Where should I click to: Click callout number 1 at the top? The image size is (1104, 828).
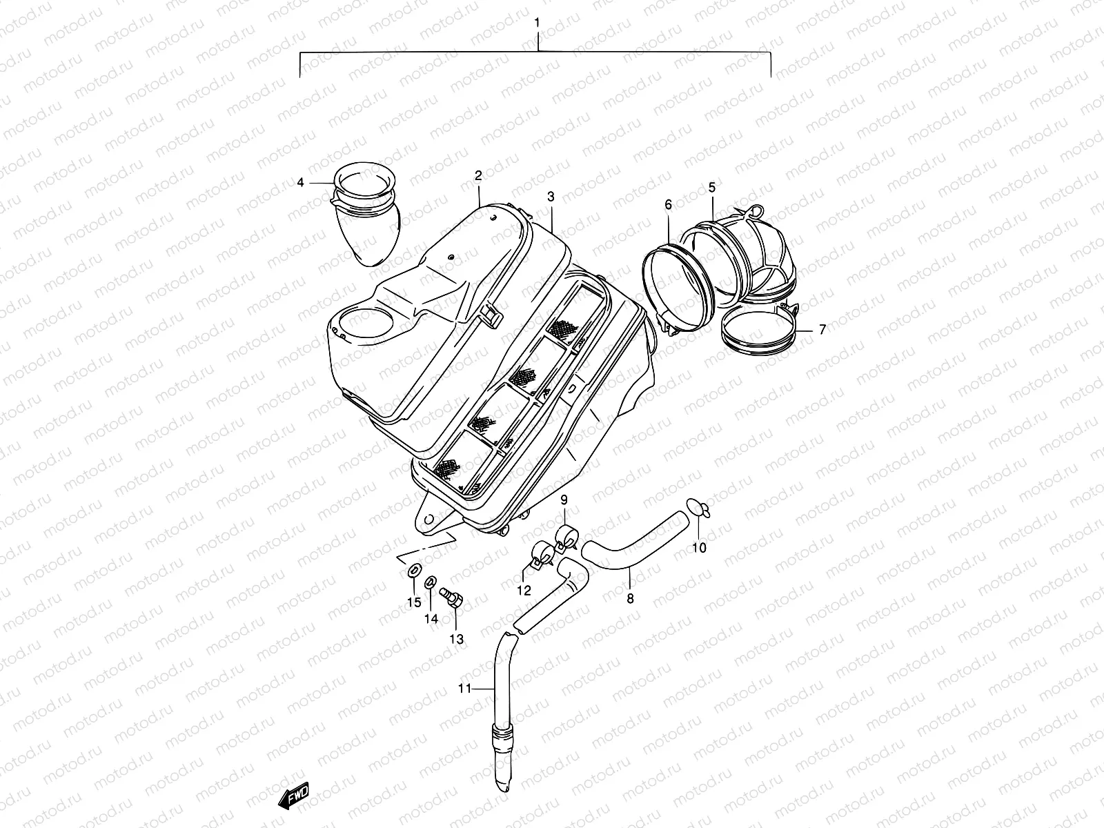538,23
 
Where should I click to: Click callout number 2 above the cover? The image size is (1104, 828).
478,176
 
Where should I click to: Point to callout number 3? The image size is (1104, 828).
551,197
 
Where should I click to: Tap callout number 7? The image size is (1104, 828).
822,330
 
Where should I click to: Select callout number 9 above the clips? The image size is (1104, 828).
564,499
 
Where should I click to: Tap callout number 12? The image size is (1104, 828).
524,591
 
